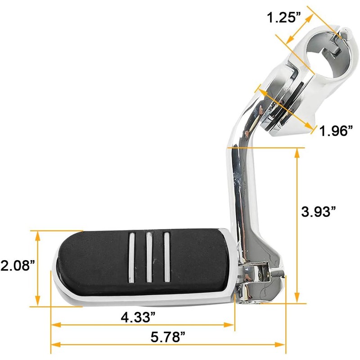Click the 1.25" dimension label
tap(284, 17)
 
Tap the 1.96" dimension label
tap(336, 131)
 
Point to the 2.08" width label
tap(18, 265)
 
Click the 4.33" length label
tap(138, 317)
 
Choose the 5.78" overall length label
tap(168, 337)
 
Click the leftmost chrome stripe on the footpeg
tap(132, 257)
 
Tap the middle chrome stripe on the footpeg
tap(149, 257)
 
